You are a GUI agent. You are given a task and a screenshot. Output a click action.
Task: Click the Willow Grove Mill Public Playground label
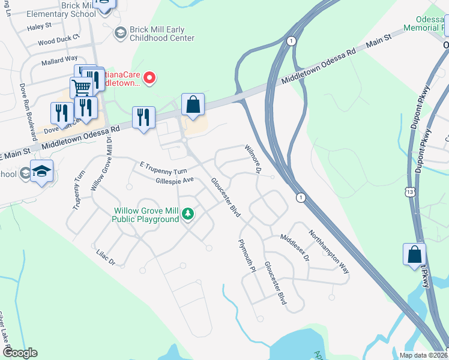[x=146, y=215]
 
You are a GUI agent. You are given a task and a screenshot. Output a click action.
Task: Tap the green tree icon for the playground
[x=188, y=214]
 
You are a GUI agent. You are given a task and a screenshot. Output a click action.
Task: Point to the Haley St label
[x=39, y=26]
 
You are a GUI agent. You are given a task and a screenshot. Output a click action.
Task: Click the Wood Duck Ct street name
[x=58, y=41]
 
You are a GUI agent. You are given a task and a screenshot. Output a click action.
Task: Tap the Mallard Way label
[x=59, y=60]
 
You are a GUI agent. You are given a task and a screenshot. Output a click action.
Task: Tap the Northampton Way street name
[x=328, y=252]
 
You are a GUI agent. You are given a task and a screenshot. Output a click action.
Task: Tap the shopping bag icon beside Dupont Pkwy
[x=414, y=254]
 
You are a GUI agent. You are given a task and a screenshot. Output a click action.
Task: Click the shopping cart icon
[x=81, y=88]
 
